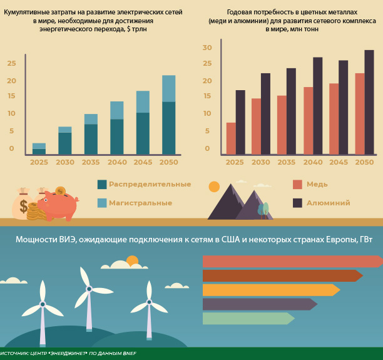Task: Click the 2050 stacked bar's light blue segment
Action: (x=169, y=88)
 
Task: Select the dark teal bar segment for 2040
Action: (x=117, y=136)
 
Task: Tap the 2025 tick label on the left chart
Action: (x=39, y=162)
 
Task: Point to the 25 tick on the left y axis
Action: (x=10, y=63)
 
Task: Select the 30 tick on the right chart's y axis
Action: (x=208, y=48)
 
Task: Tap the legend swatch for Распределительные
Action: (x=102, y=184)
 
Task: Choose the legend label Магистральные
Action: (x=141, y=203)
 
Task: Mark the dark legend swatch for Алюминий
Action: (x=297, y=203)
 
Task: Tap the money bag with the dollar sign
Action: (x=23, y=204)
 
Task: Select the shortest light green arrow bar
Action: (x=248, y=318)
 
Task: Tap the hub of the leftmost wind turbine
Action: (x=43, y=304)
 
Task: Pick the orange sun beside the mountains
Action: (x=215, y=187)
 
